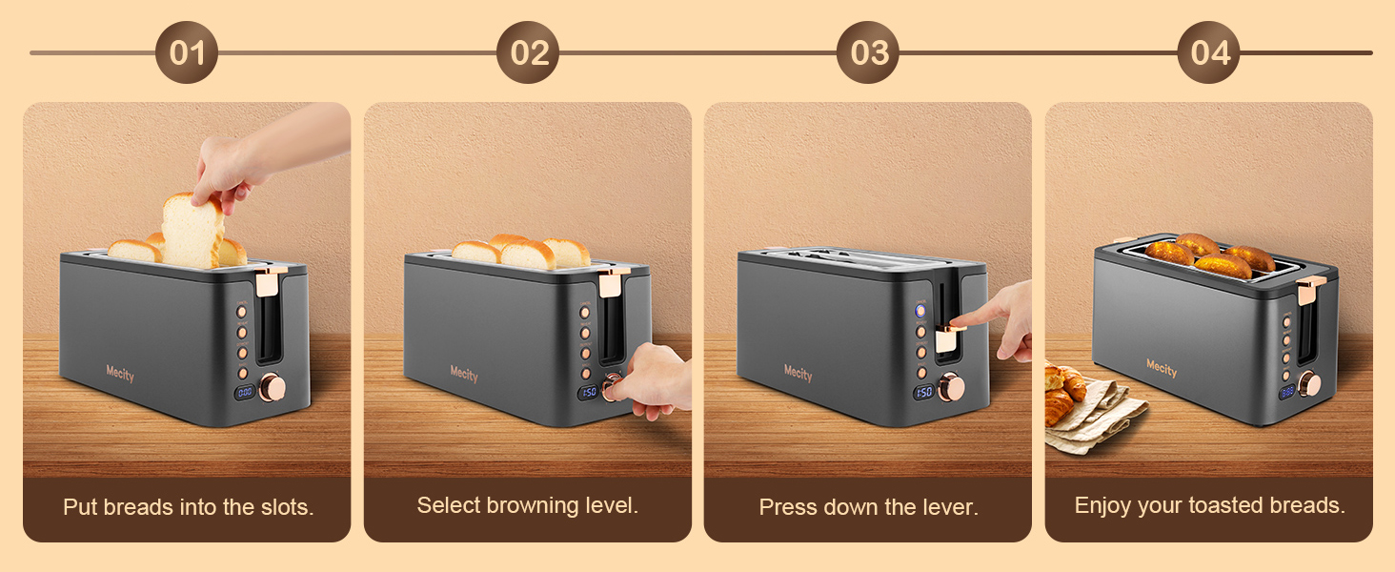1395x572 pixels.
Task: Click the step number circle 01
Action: [187, 52]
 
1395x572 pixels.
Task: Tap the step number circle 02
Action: [528, 52]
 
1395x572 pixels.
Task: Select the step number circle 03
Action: [868, 52]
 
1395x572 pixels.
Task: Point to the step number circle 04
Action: [1209, 52]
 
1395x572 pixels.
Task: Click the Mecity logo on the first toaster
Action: [120, 375]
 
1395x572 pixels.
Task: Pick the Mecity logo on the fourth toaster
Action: [1161, 368]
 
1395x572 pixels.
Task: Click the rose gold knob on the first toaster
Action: [272, 387]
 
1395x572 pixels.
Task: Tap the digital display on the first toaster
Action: [245, 392]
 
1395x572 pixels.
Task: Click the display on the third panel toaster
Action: [923, 392]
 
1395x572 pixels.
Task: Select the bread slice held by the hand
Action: [192, 231]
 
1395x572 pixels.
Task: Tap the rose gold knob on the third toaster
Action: [950, 387]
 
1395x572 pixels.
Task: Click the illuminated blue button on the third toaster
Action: [921, 311]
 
